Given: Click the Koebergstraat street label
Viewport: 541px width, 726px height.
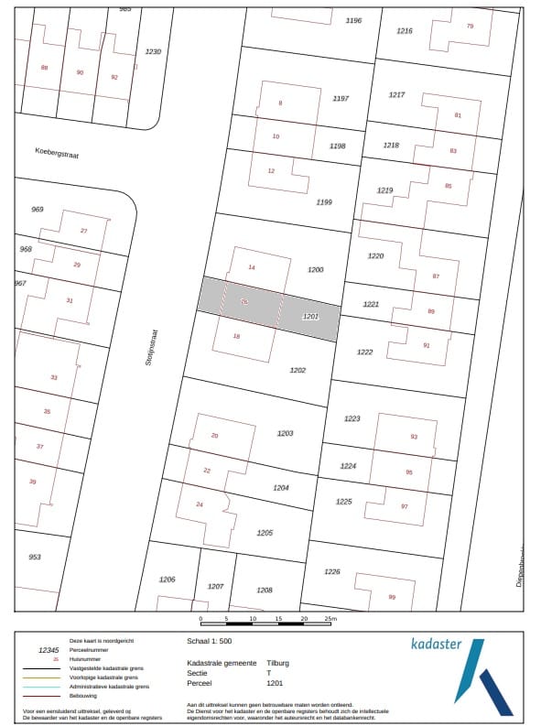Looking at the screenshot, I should point(57,154).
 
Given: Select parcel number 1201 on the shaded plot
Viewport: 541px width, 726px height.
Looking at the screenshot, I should point(310,316).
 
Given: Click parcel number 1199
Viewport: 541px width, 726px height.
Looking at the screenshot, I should point(323,201).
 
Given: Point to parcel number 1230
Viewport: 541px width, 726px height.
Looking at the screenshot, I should point(153,51).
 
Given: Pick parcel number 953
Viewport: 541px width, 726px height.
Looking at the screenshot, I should point(35,557).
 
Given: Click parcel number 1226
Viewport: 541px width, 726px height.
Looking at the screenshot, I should point(332,571).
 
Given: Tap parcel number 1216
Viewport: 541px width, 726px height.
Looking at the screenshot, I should point(405,31).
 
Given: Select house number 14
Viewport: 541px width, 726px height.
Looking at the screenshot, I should point(252,266).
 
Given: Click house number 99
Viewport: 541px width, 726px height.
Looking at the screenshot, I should point(392,597).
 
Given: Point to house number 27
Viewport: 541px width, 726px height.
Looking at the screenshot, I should point(83,230).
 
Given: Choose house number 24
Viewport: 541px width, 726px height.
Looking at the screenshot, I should point(200,504).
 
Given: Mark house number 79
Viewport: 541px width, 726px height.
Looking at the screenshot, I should point(471,26).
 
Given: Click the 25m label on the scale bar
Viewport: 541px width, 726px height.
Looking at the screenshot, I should point(330,620).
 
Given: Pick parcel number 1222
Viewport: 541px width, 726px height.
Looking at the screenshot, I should point(365,352).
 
